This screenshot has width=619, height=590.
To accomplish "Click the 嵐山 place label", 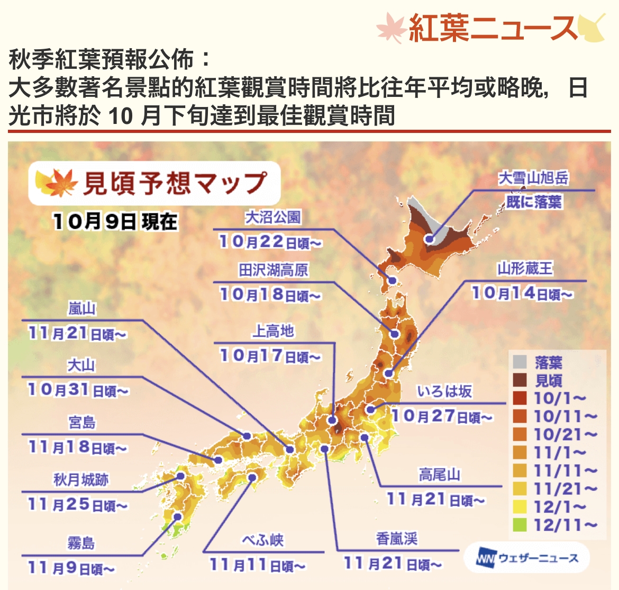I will [82, 309].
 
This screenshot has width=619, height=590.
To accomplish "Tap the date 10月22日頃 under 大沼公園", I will [270, 242].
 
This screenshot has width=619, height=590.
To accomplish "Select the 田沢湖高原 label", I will [273, 270].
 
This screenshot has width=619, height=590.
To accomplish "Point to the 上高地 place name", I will [273, 332].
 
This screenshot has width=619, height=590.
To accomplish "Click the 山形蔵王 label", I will [525, 269].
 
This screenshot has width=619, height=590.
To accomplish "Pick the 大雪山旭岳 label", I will [533, 178].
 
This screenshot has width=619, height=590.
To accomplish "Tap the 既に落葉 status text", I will [533, 202].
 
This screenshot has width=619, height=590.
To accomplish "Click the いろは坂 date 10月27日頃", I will [441, 416].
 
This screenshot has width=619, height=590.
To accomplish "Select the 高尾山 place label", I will [439, 475].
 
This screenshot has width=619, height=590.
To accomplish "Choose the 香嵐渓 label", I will [397, 539].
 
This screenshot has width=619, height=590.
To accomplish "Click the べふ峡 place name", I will [263, 540].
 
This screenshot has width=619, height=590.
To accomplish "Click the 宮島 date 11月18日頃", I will [77, 448].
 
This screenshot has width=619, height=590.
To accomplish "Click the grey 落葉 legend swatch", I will [520, 362].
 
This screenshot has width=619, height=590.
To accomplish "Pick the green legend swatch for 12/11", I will [520, 525].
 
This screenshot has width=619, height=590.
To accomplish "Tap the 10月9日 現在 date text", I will [115, 221].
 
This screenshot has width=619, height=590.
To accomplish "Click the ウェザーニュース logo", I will [527, 558].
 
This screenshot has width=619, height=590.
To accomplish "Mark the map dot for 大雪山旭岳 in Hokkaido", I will [429, 239].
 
